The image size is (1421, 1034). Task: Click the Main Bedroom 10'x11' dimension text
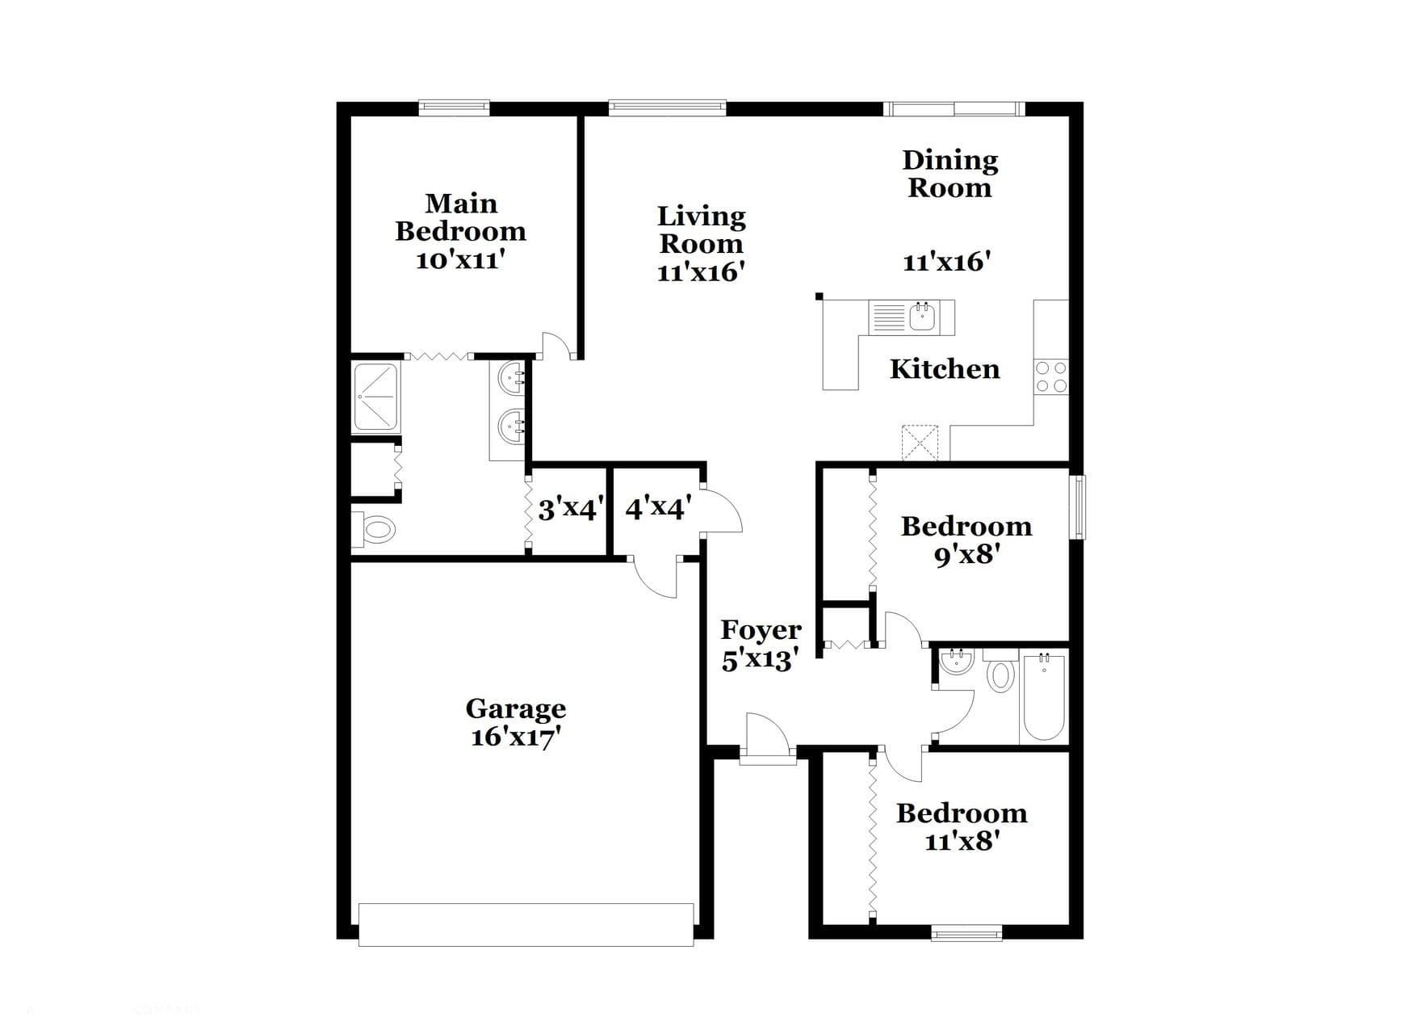[460, 260]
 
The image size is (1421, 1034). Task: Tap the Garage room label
[516, 708]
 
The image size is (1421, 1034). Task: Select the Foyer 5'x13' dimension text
[761, 660]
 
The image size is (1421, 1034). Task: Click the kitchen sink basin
[923, 316]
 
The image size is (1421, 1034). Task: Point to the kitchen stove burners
[1051, 377]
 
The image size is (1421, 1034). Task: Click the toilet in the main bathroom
[375, 531]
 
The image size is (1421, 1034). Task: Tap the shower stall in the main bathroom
[375, 397]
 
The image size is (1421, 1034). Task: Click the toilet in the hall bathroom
[1000, 672]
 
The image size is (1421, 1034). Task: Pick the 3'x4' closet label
[570, 510]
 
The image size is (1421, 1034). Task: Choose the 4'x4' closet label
[657, 508]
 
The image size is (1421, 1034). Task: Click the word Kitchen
[945, 369]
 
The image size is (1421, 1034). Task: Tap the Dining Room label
[950, 174]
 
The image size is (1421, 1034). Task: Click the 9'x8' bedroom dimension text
[967, 555]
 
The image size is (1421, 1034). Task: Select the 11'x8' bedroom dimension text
[962, 842]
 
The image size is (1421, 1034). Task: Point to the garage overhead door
[526, 924]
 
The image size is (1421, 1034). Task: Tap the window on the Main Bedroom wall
[454, 107]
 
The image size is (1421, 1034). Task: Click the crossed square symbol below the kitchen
[920, 442]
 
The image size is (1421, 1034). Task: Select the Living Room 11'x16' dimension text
[700, 272]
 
